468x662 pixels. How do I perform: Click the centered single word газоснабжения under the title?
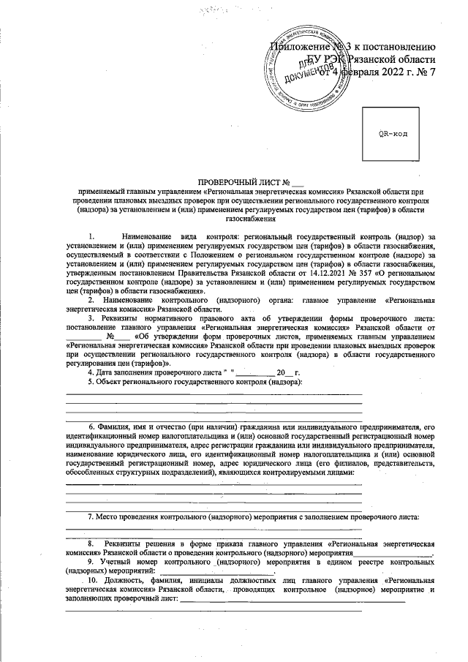coord(251,218)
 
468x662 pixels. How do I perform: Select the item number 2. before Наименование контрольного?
coord(91,301)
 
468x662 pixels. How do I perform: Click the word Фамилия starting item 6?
coord(112,426)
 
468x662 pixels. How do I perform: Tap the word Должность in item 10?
coord(125,580)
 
